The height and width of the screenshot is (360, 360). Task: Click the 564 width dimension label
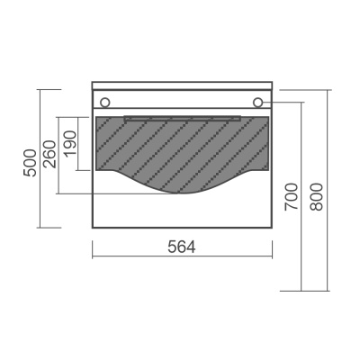click(x=182, y=247)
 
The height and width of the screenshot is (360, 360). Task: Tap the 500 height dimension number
click(x=31, y=163)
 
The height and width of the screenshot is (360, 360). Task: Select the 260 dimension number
click(x=49, y=154)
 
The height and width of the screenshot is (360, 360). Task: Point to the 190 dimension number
click(x=70, y=143)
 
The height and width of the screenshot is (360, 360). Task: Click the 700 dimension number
click(x=292, y=197)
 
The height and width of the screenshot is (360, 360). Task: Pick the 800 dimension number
click(x=316, y=197)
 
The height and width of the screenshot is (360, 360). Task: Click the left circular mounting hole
click(x=105, y=103)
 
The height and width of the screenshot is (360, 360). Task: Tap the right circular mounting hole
click(x=257, y=103)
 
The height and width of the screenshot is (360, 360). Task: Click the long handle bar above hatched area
click(x=183, y=118)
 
